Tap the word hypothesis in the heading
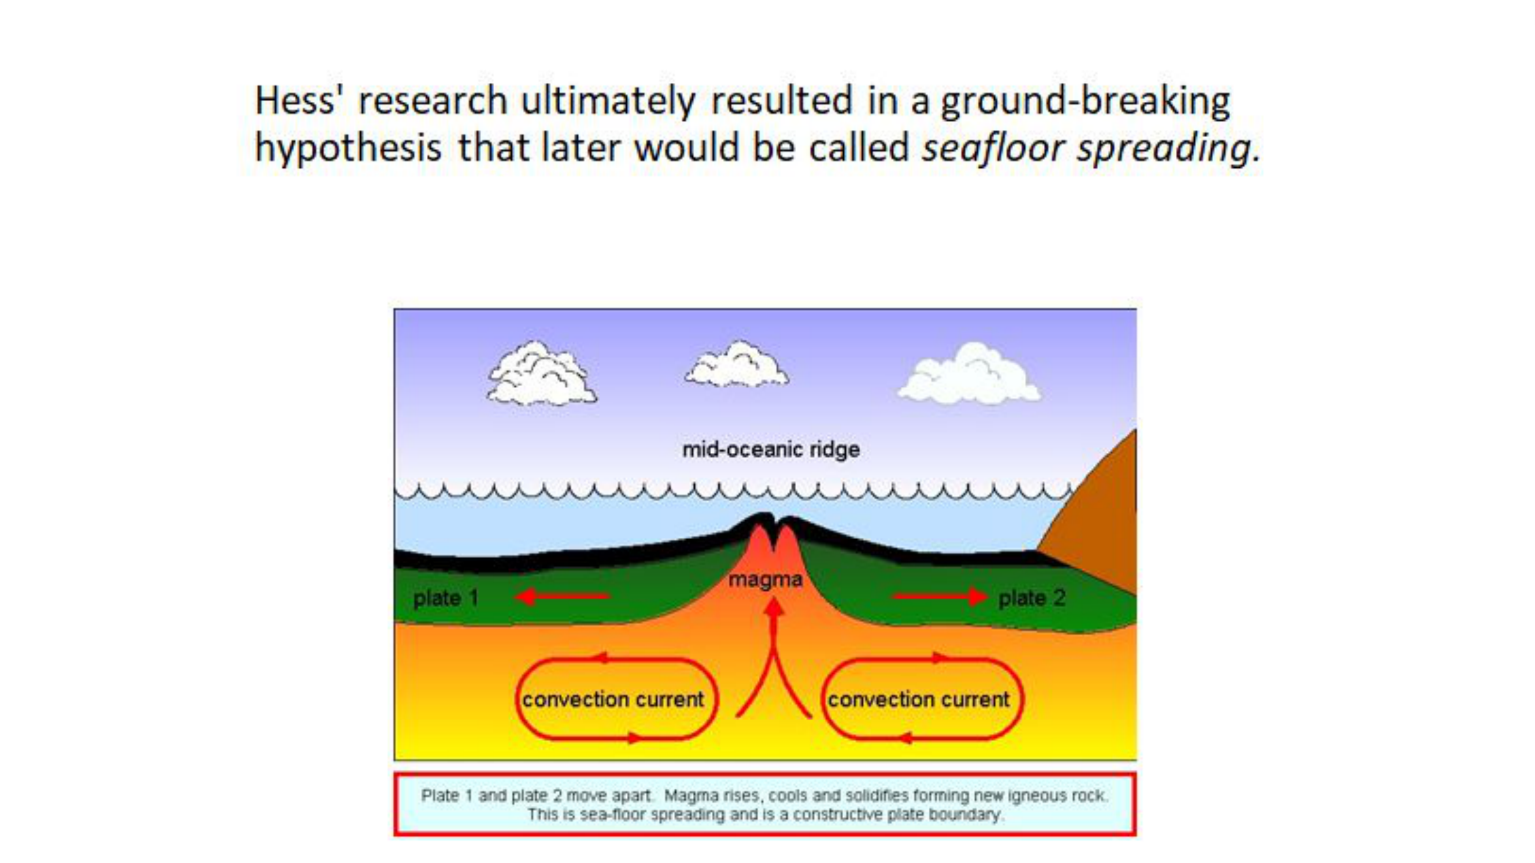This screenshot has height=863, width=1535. pyautogui.click(x=348, y=148)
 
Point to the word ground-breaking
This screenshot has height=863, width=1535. pyautogui.click(x=1085, y=101)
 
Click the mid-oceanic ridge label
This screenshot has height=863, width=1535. pyautogui.click(x=771, y=449)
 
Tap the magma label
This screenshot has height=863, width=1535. pyautogui.click(x=765, y=580)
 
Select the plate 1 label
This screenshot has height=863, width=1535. pyautogui.click(x=446, y=598)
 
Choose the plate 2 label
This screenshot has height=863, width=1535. pyautogui.click(x=1032, y=598)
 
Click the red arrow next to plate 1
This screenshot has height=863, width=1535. pyautogui.click(x=562, y=596)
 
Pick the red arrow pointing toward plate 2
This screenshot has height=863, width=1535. pyautogui.click(x=940, y=596)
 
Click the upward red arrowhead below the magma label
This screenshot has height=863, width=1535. pyautogui.click(x=774, y=606)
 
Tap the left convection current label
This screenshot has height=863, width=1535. pyautogui.click(x=613, y=699)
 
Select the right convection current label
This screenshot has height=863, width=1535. pyautogui.click(x=919, y=699)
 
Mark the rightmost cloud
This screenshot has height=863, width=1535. pyautogui.click(x=969, y=374)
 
